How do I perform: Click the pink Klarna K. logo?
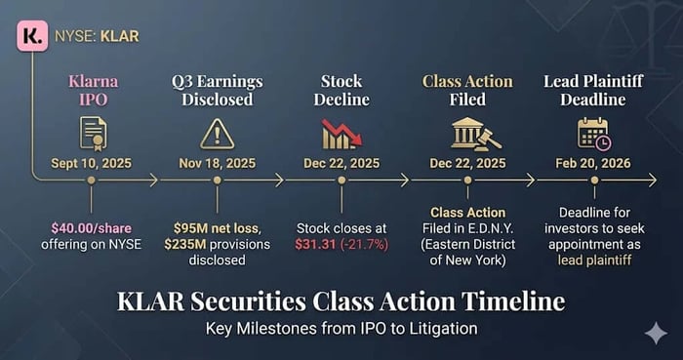tap(32, 36)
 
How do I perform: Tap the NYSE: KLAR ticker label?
tap(97, 36)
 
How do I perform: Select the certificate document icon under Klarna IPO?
tap(93, 135)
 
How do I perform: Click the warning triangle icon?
tap(217, 135)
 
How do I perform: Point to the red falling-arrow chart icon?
tap(341, 135)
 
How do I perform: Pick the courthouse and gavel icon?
tap(476, 134)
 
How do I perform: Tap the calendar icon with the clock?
tap(594, 134)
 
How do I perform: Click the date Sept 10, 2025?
tap(91, 164)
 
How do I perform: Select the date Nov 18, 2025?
tap(218, 164)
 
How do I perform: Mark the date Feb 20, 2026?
tap(593, 164)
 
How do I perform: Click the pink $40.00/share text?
tap(91, 228)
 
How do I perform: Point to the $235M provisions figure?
tap(185, 244)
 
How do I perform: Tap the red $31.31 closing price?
tap(316, 245)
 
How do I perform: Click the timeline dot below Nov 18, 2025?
tap(218, 180)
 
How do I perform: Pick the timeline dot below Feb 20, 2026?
tap(594, 180)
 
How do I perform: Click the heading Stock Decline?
tap(341, 91)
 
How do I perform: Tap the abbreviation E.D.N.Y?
tap(492, 228)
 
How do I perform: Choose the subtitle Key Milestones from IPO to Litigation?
tap(341, 328)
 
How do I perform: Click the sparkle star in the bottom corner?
tap(656, 334)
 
